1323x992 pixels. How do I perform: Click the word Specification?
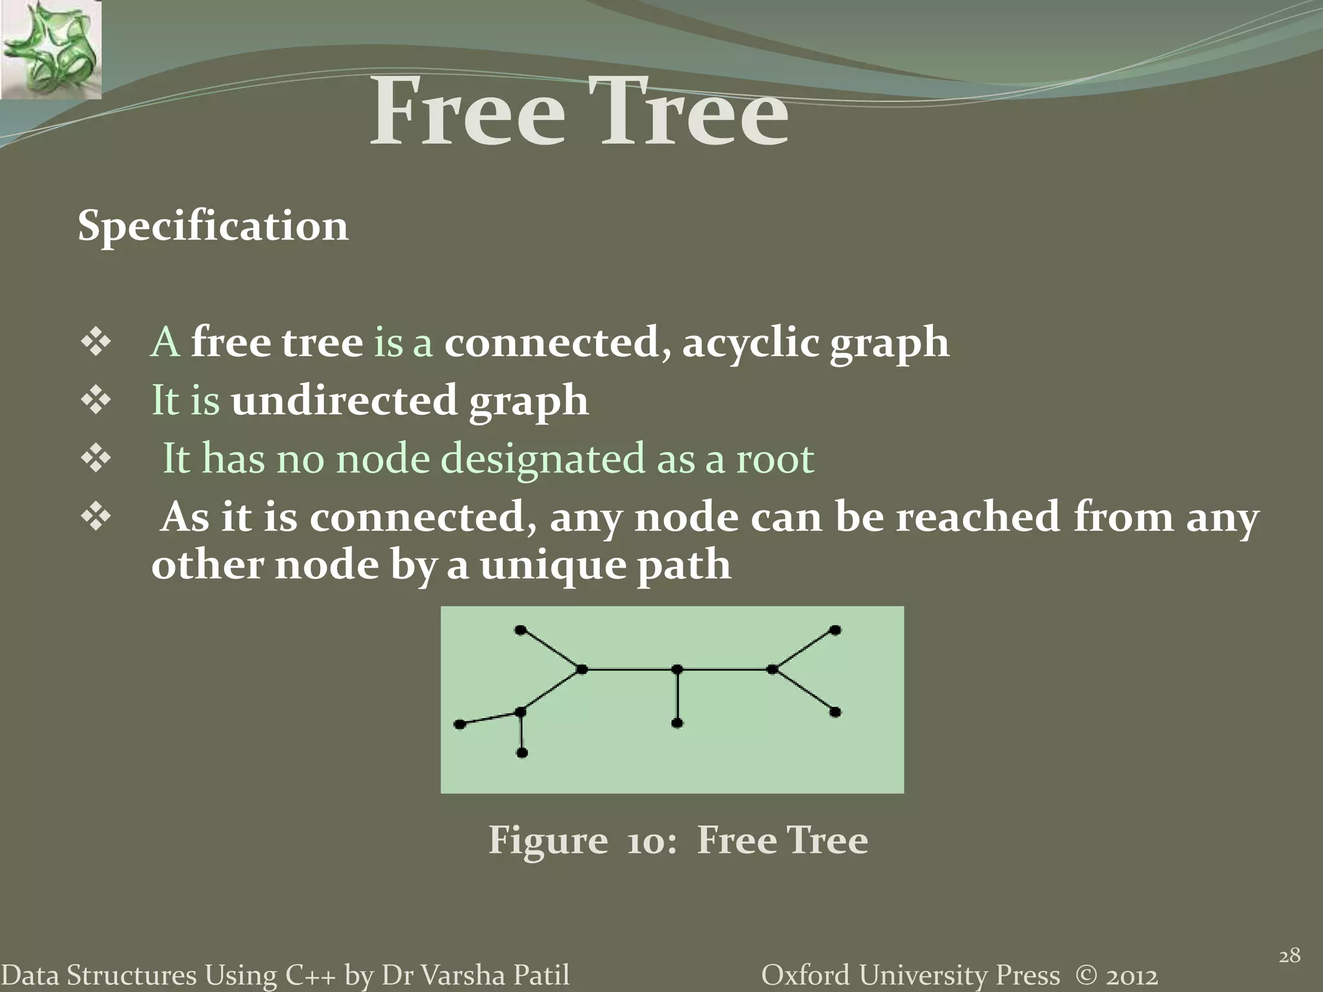click(213, 227)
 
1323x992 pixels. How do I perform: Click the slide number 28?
click(1289, 955)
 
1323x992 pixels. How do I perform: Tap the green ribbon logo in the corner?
click(50, 50)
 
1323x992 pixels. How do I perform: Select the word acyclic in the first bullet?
click(751, 343)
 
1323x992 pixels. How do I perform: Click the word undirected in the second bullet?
click(344, 400)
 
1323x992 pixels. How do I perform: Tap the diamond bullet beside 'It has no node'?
click(96, 459)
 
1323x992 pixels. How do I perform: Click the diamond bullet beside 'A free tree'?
click(96, 343)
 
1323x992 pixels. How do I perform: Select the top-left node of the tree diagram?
click(521, 630)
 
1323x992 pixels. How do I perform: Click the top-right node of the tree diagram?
click(835, 630)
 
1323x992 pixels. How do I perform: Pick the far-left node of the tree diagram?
click(460, 725)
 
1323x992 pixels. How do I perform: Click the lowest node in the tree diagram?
click(522, 753)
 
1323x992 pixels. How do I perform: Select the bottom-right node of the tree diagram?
click(835, 712)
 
